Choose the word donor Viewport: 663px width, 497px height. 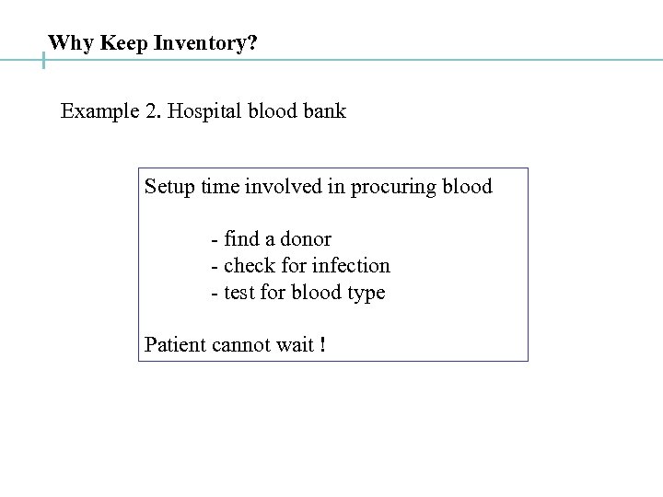(x=305, y=239)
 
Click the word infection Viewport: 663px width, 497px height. (x=352, y=266)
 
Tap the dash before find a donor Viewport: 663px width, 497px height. (x=215, y=239)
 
